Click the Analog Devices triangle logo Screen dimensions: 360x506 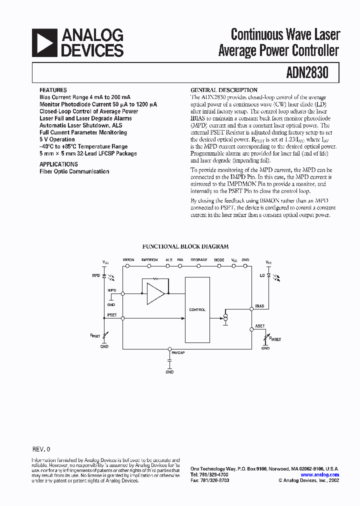[x=44, y=42]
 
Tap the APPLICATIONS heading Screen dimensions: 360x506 [x=58, y=164]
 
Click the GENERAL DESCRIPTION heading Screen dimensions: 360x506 [x=224, y=90]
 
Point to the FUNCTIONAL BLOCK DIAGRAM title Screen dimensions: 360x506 [x=185, y=246]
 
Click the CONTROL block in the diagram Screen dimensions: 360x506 [x=197, y=310]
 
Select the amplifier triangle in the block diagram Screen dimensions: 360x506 [x=155, y=293]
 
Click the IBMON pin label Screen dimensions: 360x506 [x=128, y=260]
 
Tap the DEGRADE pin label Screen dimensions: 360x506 [x=198, y=260]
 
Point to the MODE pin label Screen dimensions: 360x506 [x=219, y=260]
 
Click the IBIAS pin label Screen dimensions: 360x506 [x=259, y=305]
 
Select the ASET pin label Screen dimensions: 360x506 [x=260, y=326]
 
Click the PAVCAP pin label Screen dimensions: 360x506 [x=178, y=352]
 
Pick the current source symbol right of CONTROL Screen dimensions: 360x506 [x=225, y=318]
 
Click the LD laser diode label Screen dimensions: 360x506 [x=262, y=275]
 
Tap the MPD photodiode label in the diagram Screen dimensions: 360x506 [x=96, y=275]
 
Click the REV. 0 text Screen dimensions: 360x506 [x=41, y=449]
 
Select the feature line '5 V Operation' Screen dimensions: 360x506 [x=57, y=139]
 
